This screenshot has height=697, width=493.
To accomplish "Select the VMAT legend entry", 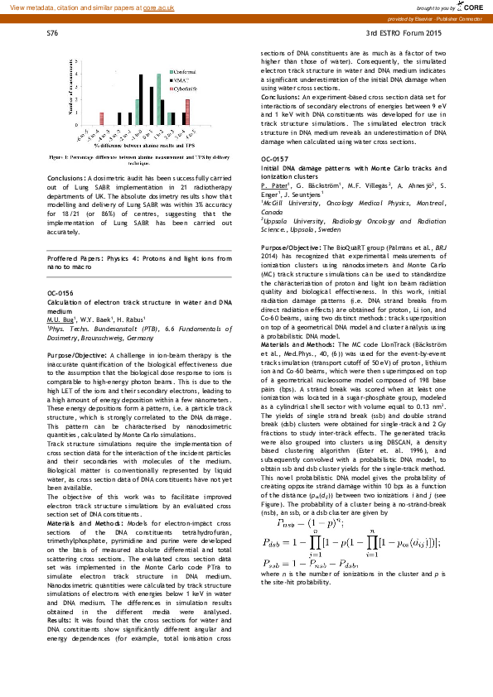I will tap(182, 79).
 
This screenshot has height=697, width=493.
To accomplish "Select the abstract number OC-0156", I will tap(60, 292).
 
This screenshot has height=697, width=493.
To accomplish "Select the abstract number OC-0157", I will tap(274, 157).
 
